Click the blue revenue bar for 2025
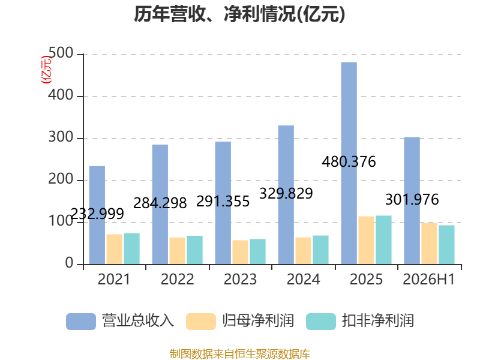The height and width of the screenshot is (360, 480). point(349,163)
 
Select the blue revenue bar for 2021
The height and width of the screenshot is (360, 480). point(97,215)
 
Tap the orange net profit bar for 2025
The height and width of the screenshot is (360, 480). point(367,241)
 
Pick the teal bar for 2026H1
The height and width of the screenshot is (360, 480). point(446,245)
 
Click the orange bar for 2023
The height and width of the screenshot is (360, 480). point(241,252)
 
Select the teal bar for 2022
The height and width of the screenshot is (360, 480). point(194,250)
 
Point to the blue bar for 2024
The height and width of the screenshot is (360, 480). point(286,194)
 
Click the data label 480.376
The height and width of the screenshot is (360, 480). point(349,161)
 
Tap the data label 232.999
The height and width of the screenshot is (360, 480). point(97,214)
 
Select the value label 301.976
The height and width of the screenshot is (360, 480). point(412,199)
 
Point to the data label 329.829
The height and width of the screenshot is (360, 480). point(286,193)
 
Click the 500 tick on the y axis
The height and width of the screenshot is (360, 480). point(61,53)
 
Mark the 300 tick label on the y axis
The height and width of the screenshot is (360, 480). point(61,137)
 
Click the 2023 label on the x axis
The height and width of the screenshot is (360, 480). point(241,279)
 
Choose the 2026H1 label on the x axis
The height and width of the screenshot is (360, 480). point(429,279)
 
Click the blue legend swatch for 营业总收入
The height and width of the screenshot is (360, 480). point(81,322)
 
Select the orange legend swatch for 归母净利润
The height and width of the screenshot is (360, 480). point(201,322)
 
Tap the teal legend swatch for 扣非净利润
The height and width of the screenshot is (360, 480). point(321,322)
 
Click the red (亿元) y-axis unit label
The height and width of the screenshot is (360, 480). point(46,70)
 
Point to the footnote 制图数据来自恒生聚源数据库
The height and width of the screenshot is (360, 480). point(240,353)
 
